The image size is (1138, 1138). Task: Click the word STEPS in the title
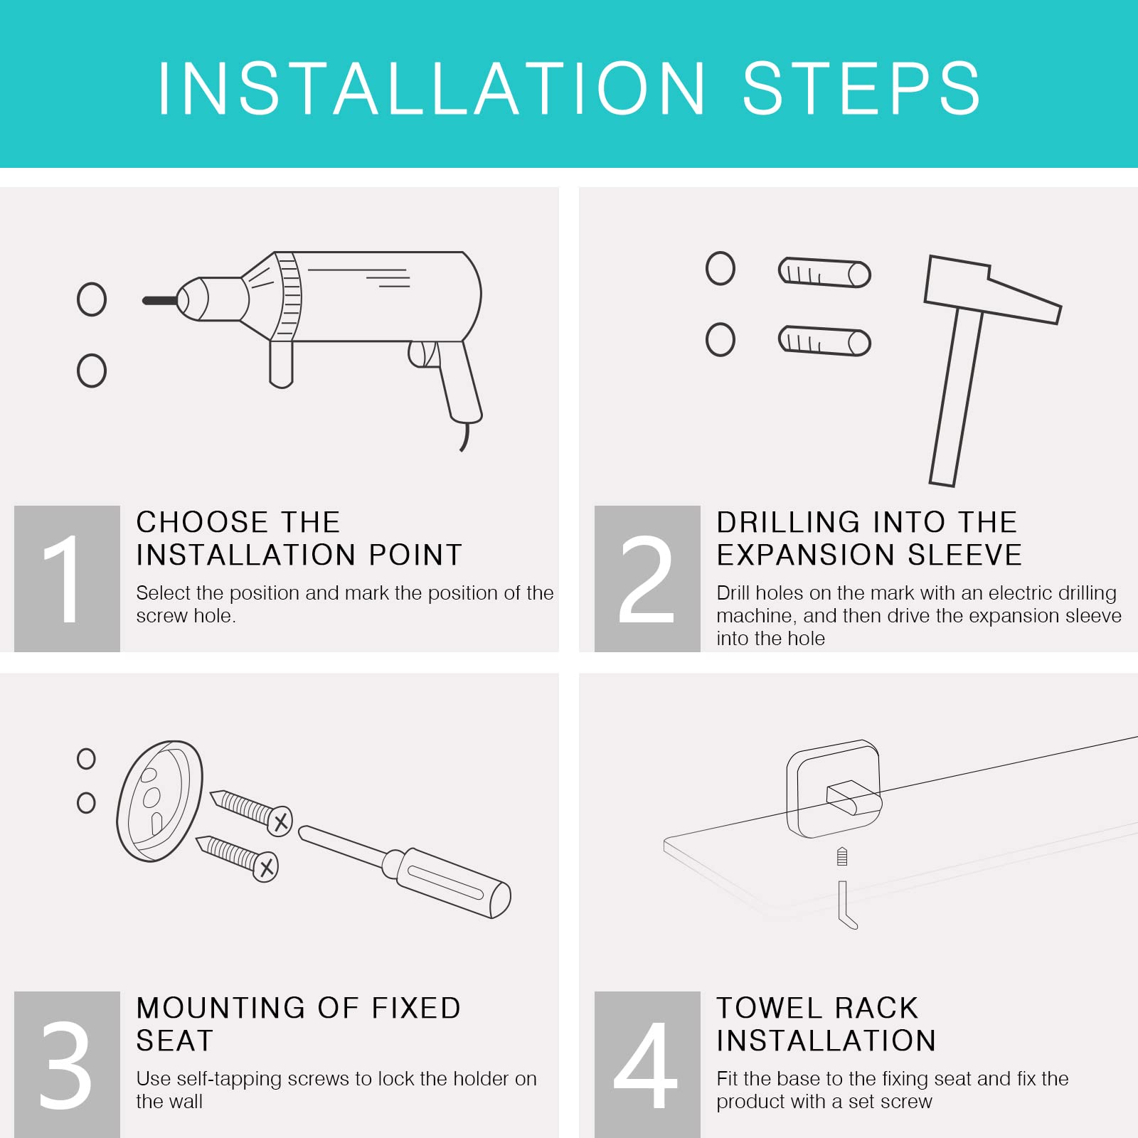pyautogui.click(x=861, y=88)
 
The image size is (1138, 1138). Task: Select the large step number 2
pyautogui.click(x=647, y=579)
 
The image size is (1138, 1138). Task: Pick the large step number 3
pyautogui.click(x=65, y=1065)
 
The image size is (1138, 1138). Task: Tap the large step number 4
pyautogui.click(x=646, y=1065)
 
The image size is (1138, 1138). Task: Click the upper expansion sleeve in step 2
pyautogui.click(x=824, y=272)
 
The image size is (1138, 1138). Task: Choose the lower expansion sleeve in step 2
pyautogui.click(x=824, y=341)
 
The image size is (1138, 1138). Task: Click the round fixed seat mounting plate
pyautogui.click(x=159, y=801)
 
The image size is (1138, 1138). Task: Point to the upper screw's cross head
pyautogui.click(x=280, y=821)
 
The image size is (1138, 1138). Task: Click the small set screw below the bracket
pyautogui.click(x=842, y=856)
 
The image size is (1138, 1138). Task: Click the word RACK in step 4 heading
pyautogui.click(x=876, y=1008)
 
